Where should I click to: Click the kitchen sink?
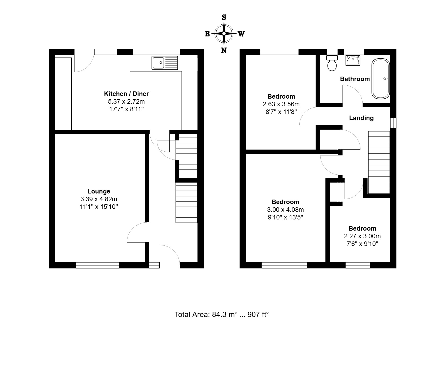[x=165, y=63]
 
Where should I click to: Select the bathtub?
[x=381, y=79]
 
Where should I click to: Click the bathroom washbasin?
[x=353, y=60]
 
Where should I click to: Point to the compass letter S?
[x=224, y=17]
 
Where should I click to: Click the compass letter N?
[x=224, y=50]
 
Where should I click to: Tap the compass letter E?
[x=207, y=34]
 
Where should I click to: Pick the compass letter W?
[x=241, y=34]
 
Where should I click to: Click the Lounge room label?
[x=99, y=191]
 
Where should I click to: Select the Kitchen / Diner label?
[x=126, y=94]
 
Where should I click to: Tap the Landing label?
[x=361, y=118]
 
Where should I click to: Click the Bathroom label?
[x=355, y=79]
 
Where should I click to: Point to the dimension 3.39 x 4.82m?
[x=99, y=199]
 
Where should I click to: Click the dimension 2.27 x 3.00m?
[x=362, y=236]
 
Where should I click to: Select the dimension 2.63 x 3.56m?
[x=281, y=104]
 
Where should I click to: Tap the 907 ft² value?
[x=258, y=315]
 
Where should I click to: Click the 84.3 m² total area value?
[x=224, y=315]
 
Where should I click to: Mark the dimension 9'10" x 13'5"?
[x=285, y=217]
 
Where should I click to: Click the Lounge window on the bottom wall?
[x=98, y=265]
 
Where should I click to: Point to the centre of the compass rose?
[x=224, y=34]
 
